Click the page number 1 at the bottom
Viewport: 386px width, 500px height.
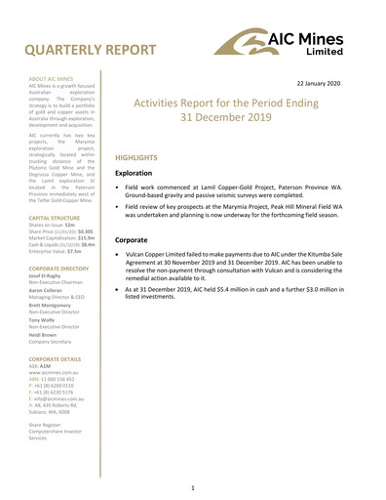193,485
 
